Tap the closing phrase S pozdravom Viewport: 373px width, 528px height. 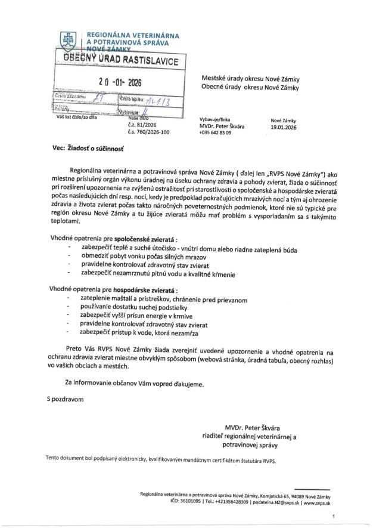coord(64,396)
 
